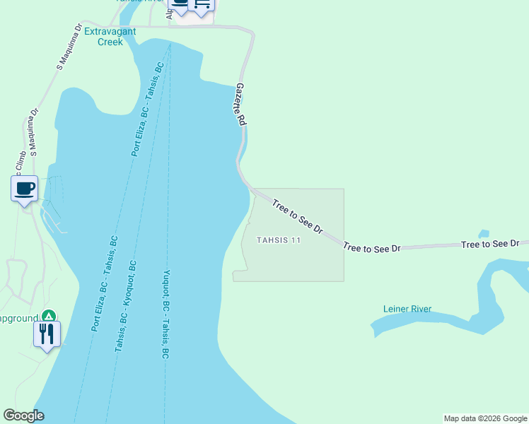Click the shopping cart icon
(x=203, y=5)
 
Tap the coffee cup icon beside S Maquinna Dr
(x=25, y=189)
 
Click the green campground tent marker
(x=48, y=315)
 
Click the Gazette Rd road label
(x=241, y=105)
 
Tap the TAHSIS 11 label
(x=279, y=240)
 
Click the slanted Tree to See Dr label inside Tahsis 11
(x=298, y=216)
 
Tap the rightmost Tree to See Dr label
(x=490, y=244)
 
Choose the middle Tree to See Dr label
(x=372, y=247)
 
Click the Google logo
(x=23, y=416)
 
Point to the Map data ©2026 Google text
(x=485, y=418)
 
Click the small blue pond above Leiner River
(x=484, y=234)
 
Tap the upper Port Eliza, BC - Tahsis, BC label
(x=148, y=109)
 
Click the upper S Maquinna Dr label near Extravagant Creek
(x=70, y=48)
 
